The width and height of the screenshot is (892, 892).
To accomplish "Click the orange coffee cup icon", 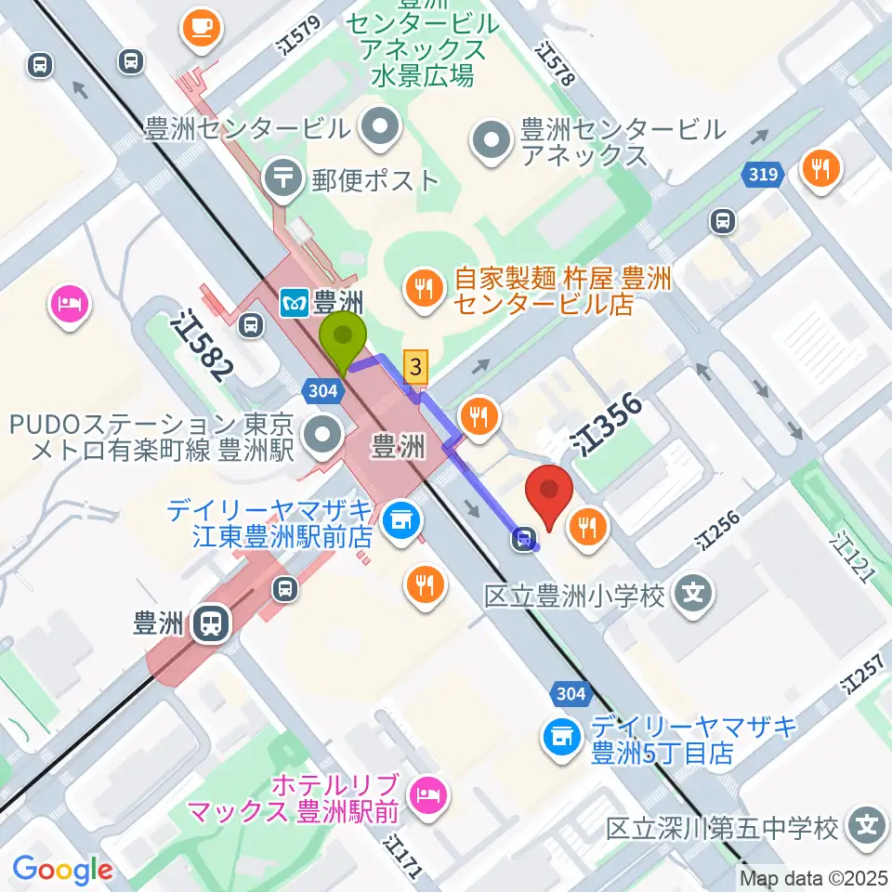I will click(x=200, y=28).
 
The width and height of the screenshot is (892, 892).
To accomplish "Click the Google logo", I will click(x=62, y=870).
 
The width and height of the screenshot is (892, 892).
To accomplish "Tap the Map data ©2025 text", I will click(x=814, y=878).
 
